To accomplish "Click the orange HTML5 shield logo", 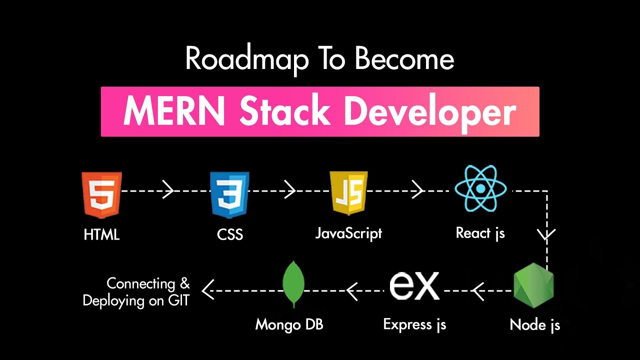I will (102, 195).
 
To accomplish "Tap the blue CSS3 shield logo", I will (229, 195).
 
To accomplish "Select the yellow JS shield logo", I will (348, 193).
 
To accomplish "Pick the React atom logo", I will (480, 189).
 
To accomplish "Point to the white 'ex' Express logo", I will (414, 285).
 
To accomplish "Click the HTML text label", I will (102, 234).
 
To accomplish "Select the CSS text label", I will (230, 234).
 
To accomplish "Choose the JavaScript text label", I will (348, 233).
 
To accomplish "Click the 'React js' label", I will (480, 233).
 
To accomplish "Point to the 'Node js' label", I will (534, 325).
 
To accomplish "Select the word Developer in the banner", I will (429, 112).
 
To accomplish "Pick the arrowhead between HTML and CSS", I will (169, 190).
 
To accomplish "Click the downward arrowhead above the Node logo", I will (547, 233).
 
